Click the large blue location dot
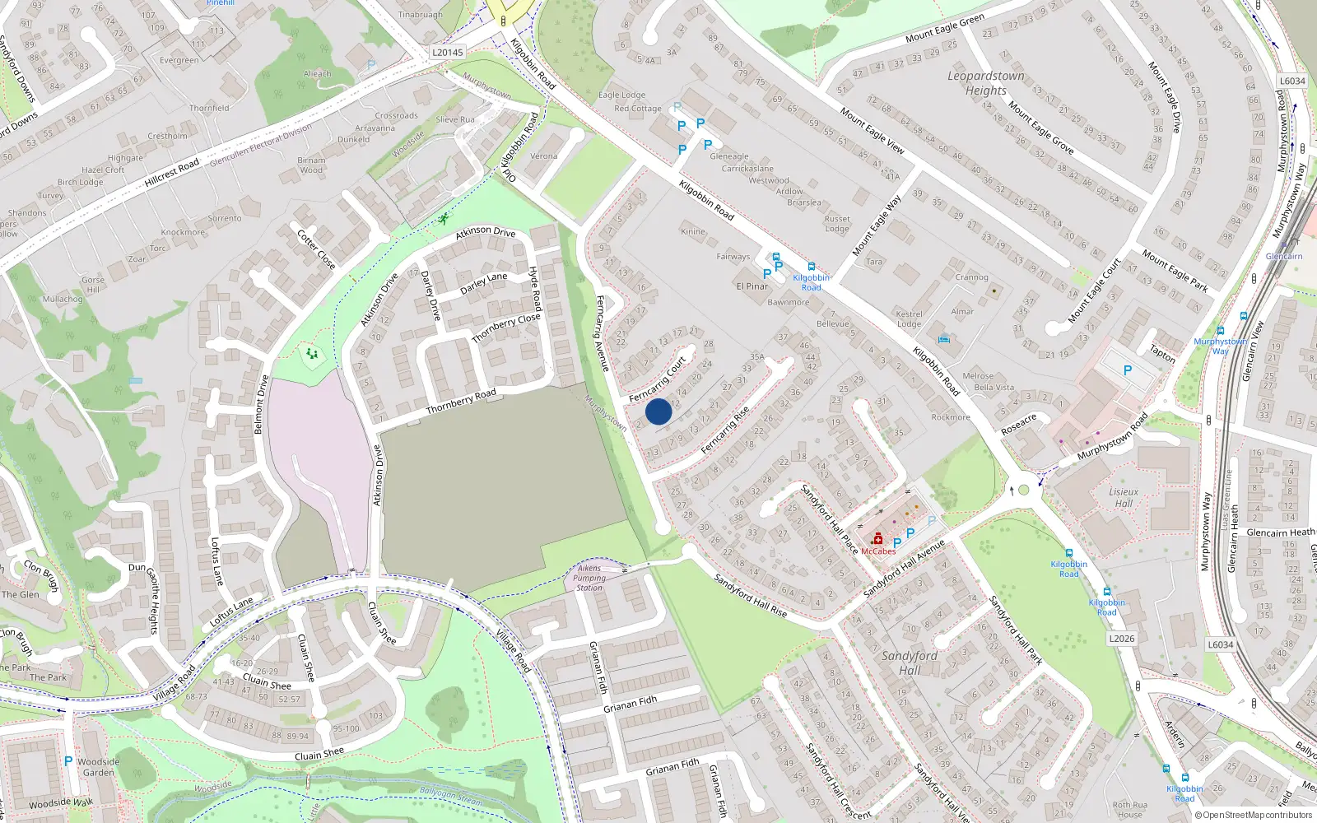(658, 411)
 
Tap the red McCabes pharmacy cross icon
(877, 539)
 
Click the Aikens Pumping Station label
(589, 578)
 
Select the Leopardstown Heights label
(986, 83)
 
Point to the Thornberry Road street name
(461, 402)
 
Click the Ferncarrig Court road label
(658, 379)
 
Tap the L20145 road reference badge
(448, 52)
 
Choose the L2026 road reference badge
(1121, 638)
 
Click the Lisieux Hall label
(1124, 497)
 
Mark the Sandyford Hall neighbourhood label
(910, 663)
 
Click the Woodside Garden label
(99, 767)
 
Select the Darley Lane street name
(483, 283)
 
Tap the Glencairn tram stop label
(1284, 256)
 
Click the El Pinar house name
(752, 286)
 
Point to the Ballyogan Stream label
(451, 795)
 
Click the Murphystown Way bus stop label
(1221, 346)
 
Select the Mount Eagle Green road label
(944, 29)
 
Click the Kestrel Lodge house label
(909, 319)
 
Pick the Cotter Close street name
(316, 249)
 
